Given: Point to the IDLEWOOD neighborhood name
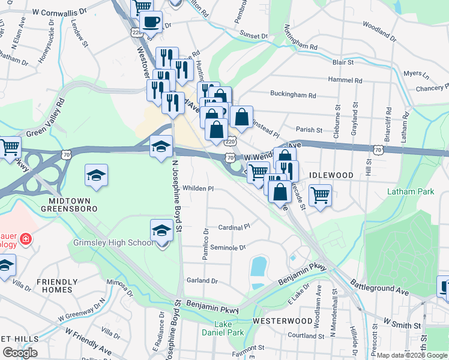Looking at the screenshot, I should tap(331, 175).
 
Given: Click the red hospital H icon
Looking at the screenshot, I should tap(25, 240).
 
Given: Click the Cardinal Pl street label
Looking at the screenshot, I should tap(234, 227).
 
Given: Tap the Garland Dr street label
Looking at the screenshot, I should tap(202, 280).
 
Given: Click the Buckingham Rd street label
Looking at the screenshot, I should tap(293, 95).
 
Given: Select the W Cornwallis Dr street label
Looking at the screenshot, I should tap(60, 11).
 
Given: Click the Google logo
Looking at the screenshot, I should tap(20, 353).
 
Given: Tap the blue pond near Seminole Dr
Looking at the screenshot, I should tap(259, 265).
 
